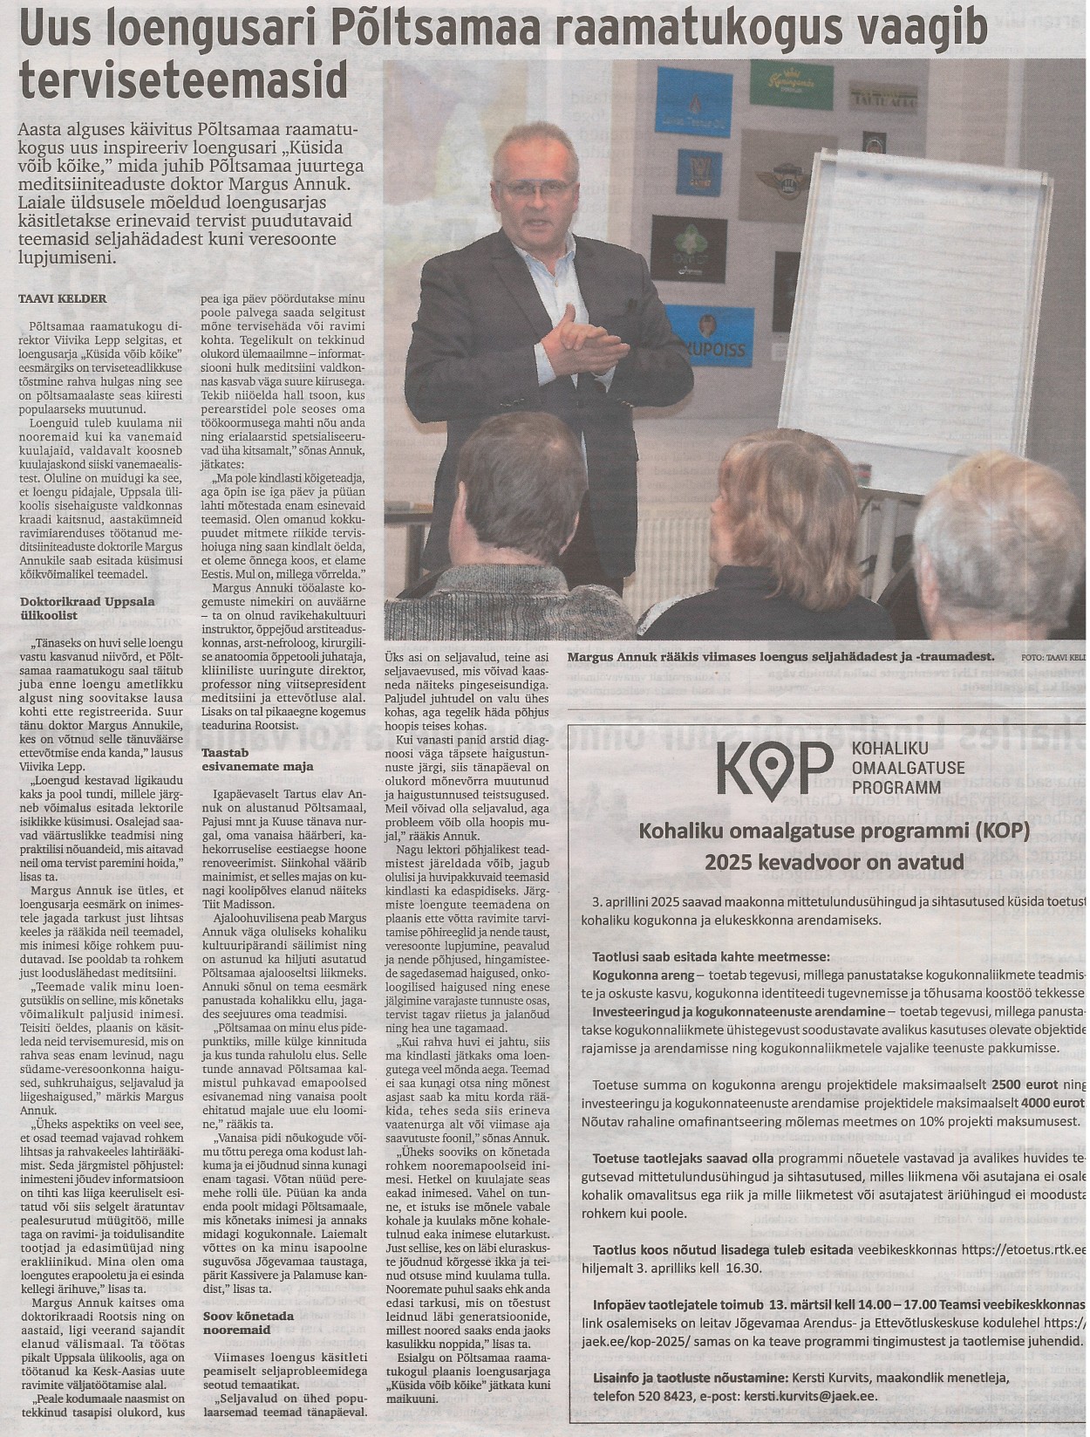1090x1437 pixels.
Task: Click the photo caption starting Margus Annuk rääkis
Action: (x=780, y=657)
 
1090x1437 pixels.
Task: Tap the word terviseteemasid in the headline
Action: (x=183, y=80)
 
